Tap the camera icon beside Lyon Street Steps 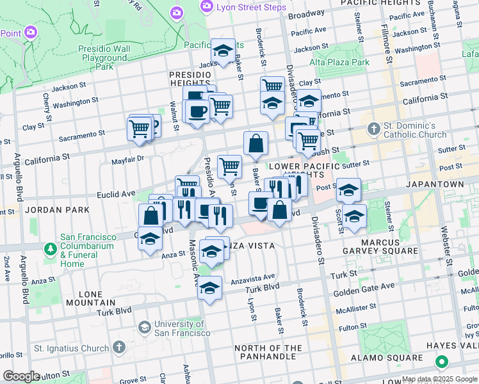pos(206,6)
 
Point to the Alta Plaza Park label pos(339,62)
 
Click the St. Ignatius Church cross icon pos(118,348)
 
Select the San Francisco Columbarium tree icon pos(50,248)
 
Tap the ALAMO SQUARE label pos(389,358)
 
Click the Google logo pos(22,376)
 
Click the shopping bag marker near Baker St pos(256,144)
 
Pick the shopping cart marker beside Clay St pos(272,86)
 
